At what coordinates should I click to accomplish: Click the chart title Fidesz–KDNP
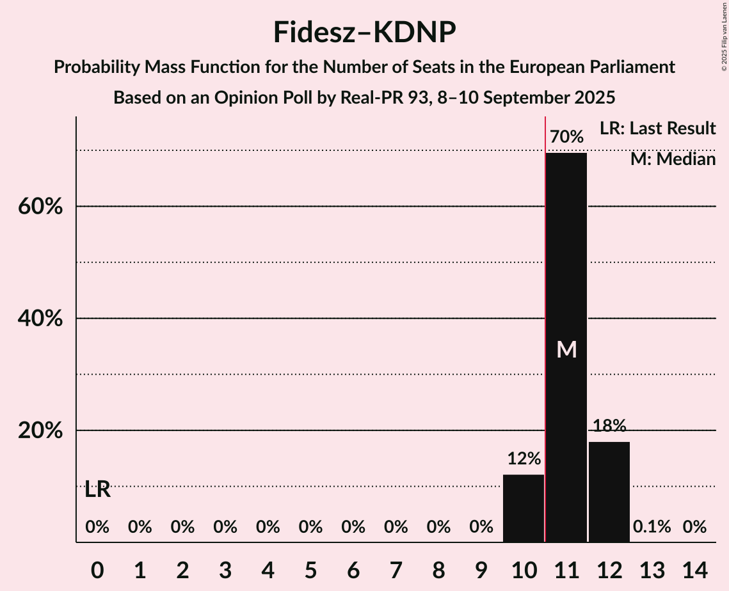click(364, 32)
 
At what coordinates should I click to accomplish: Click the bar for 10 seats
click(524, 508)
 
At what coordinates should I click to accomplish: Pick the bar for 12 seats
click(609, 492)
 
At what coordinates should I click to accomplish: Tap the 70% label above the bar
click(566, 137)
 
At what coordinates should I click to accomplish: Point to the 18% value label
click(609, 426)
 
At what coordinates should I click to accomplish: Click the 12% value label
click(524, 459)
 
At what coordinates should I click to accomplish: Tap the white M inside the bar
click(566, 349)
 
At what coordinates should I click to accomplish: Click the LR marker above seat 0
click(97, 490)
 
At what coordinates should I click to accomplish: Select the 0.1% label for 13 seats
click(652, 527)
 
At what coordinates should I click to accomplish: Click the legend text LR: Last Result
click(657, 129)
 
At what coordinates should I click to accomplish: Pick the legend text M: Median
click(673, 159)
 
